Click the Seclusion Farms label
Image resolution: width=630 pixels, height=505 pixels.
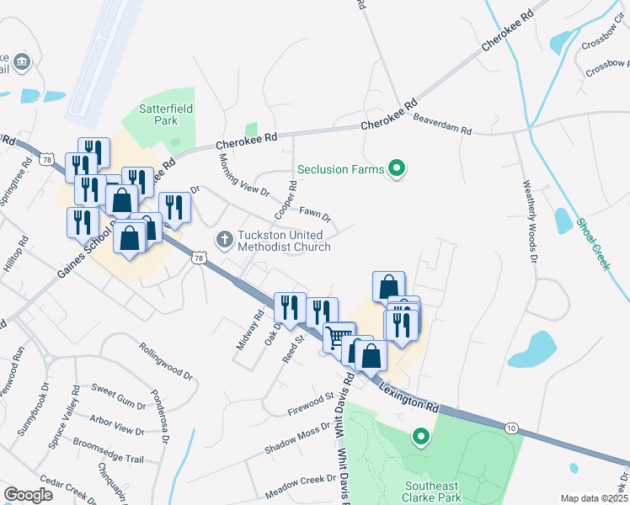pos(334,169)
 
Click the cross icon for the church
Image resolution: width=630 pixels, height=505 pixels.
pos(225,239)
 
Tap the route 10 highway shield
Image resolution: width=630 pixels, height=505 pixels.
pos(512,428)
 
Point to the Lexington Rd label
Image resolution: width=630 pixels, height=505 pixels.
pos(410,394)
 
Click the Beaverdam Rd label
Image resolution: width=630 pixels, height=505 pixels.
pos(442,125)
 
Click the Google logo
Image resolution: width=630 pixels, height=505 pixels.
pos(28,495)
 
